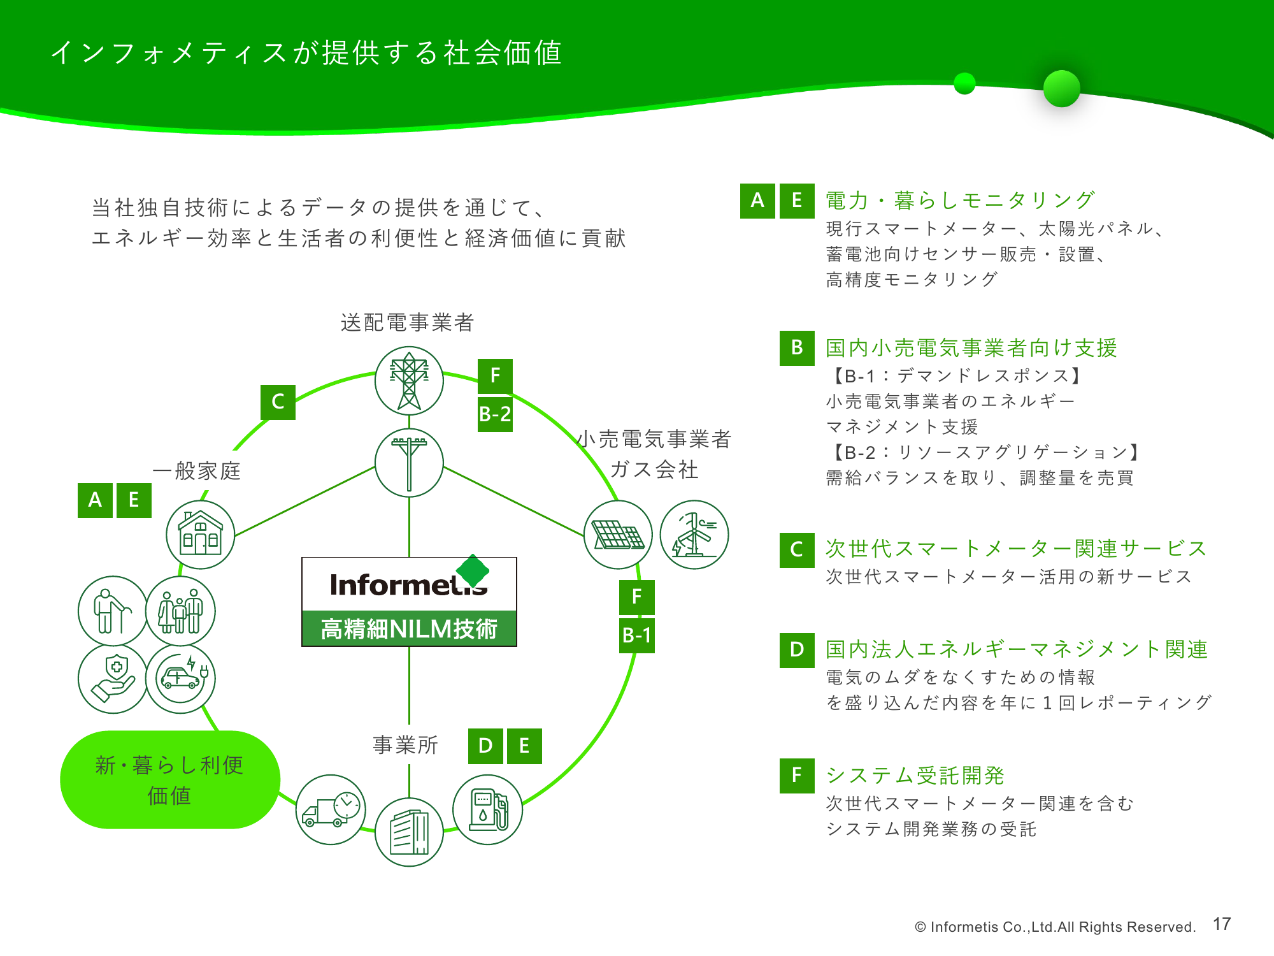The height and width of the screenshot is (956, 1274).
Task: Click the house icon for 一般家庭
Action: [x=200, y=534]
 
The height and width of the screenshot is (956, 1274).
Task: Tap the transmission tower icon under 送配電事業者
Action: [x=409, y=380]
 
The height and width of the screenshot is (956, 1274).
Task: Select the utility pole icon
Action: [x=409, y=463]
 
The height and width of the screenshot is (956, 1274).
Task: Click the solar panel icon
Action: [x=618, y=534]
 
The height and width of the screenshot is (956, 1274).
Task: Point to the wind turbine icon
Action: [x=694, y=534]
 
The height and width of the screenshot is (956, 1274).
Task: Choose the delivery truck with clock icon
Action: [x=331, y=809]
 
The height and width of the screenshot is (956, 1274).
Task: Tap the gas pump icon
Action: [x=487, y=809]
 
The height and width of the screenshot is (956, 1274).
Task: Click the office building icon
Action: [x=409, y=832]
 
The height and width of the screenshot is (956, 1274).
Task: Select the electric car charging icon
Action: [x=181, y=679]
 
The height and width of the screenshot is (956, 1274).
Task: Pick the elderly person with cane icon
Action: [x=113, y=611]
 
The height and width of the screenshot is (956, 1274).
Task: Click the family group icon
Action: [x=181, y=611]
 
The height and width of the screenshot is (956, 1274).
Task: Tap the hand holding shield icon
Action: [x=113, y=679]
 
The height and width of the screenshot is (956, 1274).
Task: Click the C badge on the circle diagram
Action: [x=278, y=402]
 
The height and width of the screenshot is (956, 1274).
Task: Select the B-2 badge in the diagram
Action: [x=495, y=414]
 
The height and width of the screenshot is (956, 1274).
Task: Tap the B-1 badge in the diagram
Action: [x=636, y=635]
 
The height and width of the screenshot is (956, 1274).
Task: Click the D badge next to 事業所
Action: [x=485, y=746]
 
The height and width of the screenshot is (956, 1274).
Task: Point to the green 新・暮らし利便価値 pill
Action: [x=169, y=779]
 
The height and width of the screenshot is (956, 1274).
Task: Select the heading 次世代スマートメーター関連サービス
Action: [x=1016, y=548]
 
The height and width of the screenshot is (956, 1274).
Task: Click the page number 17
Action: [x=1221, y=924]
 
